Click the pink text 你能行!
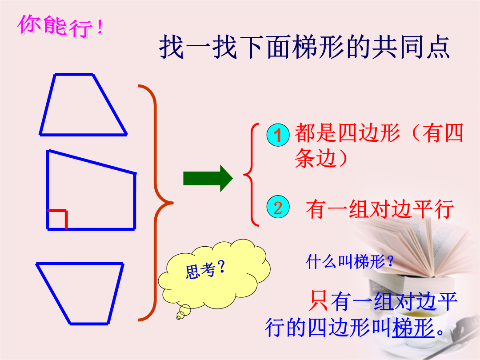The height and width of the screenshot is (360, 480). [x=60, y=26]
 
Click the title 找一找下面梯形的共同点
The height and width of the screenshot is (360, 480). [x=304, y=47]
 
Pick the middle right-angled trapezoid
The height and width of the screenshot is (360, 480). [x=135, y=201]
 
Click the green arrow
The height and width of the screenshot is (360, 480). [x=208, y=179]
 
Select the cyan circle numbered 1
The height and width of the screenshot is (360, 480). [x=278, y=135]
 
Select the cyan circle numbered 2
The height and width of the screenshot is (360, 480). [x=278, y=207]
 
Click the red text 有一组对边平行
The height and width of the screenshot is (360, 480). [x=380, y=209]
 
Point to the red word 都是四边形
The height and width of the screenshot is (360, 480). [x=348, y=133]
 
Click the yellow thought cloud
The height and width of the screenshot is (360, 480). [x=214, y=273]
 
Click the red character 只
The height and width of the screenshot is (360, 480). [x=319, y=300]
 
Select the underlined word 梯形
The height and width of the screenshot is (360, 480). [x=413, y=327]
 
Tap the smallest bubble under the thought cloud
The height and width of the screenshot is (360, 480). [x=178, y=318]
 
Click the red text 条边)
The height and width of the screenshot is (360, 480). [x=321, y=158]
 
